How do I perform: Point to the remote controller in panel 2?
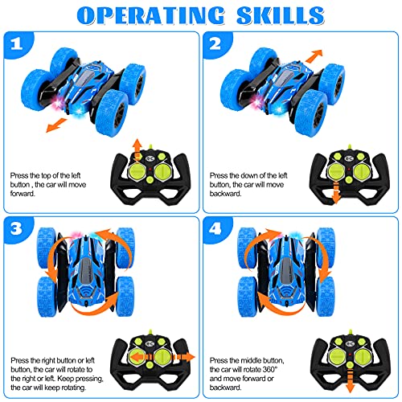(347, 168)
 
